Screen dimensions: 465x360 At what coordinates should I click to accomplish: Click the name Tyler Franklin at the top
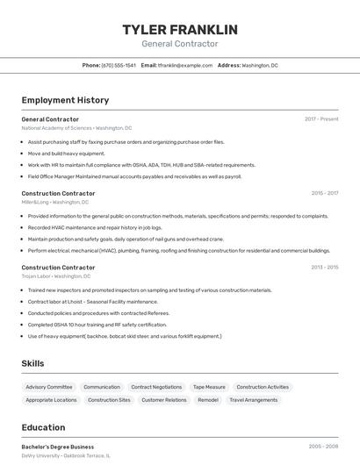(x=179, y=30)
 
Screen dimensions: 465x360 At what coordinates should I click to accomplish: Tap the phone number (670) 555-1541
(x=119, y=65)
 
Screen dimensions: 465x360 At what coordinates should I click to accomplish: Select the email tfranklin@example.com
(x=185, y=65)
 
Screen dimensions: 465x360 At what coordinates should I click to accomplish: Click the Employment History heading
(x=65, y=100)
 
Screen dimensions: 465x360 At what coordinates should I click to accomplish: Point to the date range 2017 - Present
(x=321, y=119)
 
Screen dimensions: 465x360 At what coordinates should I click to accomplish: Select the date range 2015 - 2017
(x=324, y=193)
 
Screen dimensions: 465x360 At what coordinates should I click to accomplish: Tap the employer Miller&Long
(x=36, y=202)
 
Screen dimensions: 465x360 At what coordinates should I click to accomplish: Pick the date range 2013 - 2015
(x=324, y=268)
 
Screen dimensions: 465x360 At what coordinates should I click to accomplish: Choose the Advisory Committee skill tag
(x=49, y=387)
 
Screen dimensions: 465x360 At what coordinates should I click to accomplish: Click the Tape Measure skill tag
(x=209, y=387)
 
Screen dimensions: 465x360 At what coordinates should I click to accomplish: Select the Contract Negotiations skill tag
(x=156, y=387)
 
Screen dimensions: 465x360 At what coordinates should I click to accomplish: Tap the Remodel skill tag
(x=208, y=400)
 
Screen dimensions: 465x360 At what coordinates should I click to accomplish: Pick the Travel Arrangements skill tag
(x=254, y=400)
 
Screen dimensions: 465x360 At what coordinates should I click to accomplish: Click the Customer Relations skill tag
(x=164, y=400)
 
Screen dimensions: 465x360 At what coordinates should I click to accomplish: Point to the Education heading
(x=43, y=428)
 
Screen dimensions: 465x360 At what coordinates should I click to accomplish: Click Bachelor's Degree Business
(x=58, y=447)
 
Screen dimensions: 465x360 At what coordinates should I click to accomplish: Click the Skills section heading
(x=33, y=363)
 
